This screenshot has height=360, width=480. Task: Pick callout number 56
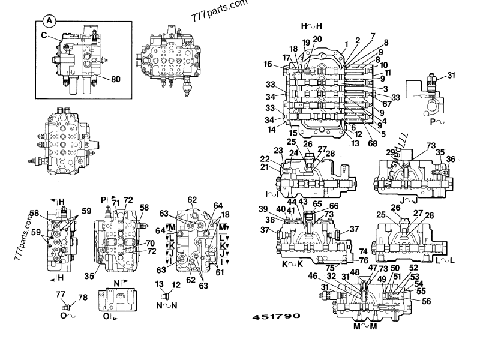click(427, 301)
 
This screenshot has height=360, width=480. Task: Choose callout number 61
click(220, 272)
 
